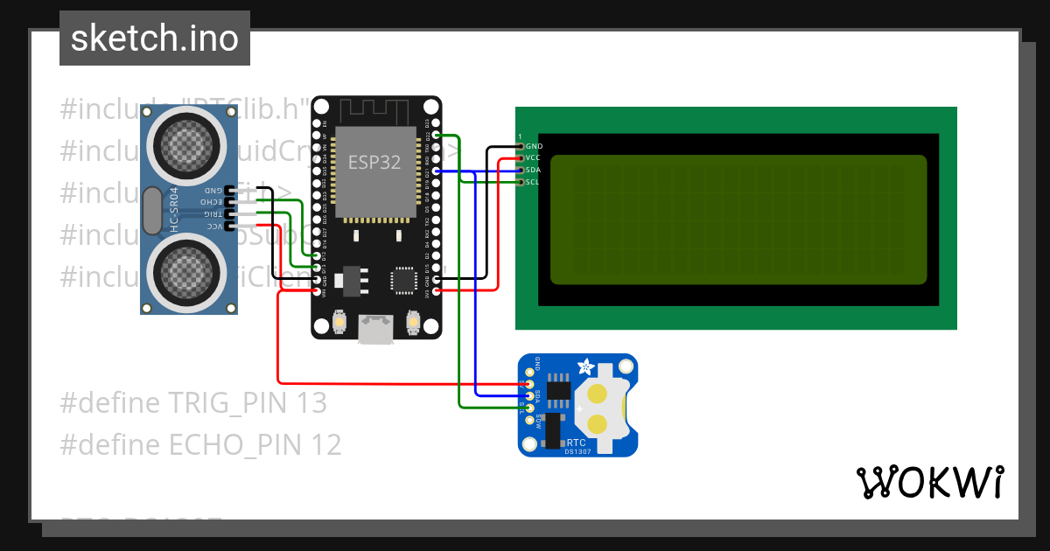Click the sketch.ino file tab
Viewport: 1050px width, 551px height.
155,38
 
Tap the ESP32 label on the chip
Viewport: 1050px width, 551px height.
375,162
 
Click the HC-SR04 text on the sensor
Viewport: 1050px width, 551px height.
173,210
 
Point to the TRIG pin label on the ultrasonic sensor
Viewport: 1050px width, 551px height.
213,213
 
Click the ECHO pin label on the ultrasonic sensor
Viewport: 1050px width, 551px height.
211,202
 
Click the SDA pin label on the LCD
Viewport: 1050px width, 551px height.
533,170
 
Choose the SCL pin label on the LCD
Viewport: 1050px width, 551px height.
533,182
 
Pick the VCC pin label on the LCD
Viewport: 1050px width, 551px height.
533,157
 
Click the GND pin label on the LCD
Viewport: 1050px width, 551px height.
534,146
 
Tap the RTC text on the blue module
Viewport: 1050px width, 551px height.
577,443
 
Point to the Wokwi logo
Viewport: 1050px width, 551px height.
929,482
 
